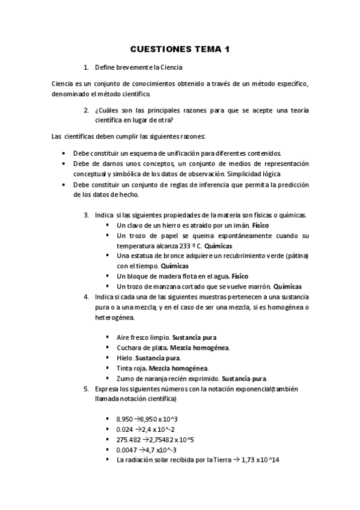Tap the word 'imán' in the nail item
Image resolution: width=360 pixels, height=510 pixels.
[x=239, y=225]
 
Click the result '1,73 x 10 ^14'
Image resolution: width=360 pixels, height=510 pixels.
[x=260, y=460]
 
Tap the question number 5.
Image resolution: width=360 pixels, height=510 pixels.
[x=87, y=389]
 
